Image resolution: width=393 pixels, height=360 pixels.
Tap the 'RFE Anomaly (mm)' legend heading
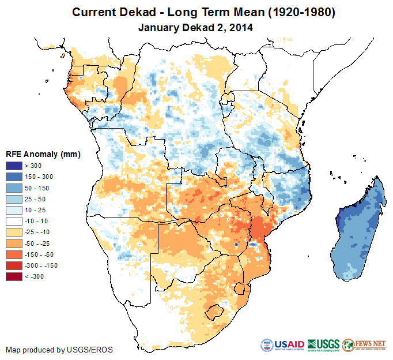(x=43, y=155)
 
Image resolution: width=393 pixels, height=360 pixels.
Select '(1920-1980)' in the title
(x=298, y=12)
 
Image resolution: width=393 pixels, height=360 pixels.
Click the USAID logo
(x=282, y=345)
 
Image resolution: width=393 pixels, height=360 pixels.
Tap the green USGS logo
(x=323, y=345)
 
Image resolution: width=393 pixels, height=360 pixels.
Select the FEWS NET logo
(x=364, y=345)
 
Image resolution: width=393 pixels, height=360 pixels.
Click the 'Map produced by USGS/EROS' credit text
(x=59, y=350)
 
